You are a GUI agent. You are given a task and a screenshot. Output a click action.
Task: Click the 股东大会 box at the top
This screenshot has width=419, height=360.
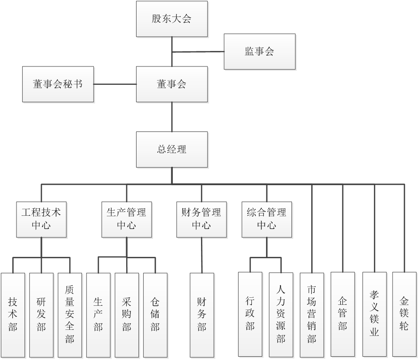click(x=172, y=19)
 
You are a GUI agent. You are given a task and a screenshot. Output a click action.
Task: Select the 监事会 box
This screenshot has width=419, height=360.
click(x=259, y=52)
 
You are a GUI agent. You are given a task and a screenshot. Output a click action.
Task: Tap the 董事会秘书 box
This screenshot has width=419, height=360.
click(x=58, y=84)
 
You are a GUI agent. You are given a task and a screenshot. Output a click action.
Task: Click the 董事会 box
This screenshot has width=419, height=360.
click(x=172, y=84)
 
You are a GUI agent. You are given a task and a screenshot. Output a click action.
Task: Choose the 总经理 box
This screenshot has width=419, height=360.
click(x=172, y=149)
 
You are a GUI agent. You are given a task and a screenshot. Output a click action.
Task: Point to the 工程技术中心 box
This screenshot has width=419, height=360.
click(x=41, y=219)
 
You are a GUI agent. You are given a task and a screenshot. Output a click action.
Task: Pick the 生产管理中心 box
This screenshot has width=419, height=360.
click(x=127, y=219)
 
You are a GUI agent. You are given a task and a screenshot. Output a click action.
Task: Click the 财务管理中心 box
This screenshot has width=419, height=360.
click(x=201, y=219)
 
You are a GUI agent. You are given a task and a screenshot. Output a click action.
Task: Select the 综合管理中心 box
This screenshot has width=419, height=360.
click(x=266, y=219)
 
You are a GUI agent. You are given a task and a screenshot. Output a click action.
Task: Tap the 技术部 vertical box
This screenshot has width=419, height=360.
click(x=13, y=314)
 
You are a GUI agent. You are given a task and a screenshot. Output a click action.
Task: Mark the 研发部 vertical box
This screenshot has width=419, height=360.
click(x=41, y=314)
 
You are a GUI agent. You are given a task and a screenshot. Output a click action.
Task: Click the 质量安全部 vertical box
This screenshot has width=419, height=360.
click(x=70, y=314)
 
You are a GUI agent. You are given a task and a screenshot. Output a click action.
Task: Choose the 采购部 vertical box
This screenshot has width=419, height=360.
click(x=127, y=314)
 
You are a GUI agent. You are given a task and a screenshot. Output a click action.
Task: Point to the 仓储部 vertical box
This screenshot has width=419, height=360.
click(x=155, y=314)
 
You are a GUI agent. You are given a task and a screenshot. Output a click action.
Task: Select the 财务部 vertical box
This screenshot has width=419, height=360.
click(x=202, y=314)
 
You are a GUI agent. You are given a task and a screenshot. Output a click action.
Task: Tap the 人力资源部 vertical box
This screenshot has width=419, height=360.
click(x=281, y=314)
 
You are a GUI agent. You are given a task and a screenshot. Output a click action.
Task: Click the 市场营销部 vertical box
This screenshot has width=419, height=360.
click(x=312, y=314)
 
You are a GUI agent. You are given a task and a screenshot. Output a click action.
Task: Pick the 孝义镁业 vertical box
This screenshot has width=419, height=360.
click(x=375, y=314)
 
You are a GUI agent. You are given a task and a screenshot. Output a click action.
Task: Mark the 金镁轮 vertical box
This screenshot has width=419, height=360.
click(x=404, y=314)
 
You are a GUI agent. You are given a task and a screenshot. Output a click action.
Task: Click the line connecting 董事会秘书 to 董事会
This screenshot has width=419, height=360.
click(x=115, y=84)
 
